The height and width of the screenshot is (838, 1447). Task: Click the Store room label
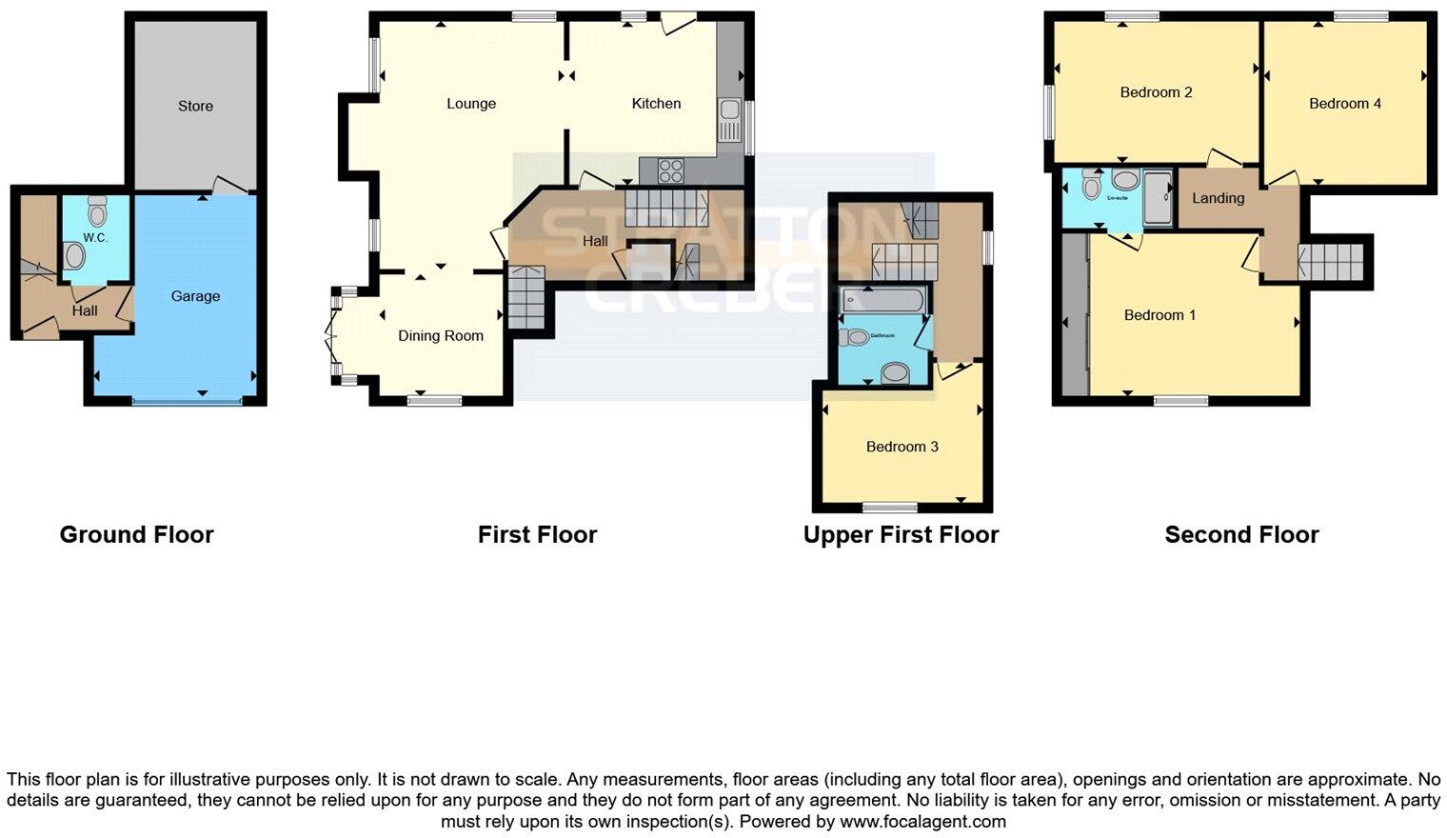(195, 106)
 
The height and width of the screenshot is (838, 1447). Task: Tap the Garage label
(195, 296)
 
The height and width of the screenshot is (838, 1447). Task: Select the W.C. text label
(95, 237)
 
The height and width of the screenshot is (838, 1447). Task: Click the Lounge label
(471, 104)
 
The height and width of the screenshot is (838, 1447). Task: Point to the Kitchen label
(656, 104)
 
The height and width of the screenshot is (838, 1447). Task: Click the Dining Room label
(441, 335)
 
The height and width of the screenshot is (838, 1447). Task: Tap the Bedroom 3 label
(902, 447)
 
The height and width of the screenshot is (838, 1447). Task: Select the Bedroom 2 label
(1156, 92)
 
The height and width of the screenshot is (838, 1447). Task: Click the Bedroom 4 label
(1344, 104)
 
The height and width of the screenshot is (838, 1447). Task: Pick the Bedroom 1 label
(1160, 315)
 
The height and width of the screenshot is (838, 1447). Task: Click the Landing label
(1218, 198)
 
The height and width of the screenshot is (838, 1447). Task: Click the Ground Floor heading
(136, 535)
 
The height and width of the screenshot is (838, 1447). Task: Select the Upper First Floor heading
(901, 535)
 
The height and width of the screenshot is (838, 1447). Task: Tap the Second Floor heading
(1241, 535)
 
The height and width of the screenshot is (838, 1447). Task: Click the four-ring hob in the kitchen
(670, 170)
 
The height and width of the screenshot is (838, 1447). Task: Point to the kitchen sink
(730, 120)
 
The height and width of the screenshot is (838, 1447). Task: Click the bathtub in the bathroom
(882, 302)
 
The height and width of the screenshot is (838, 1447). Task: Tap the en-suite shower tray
(1159, 198)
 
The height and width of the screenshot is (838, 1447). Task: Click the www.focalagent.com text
(922, 821)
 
